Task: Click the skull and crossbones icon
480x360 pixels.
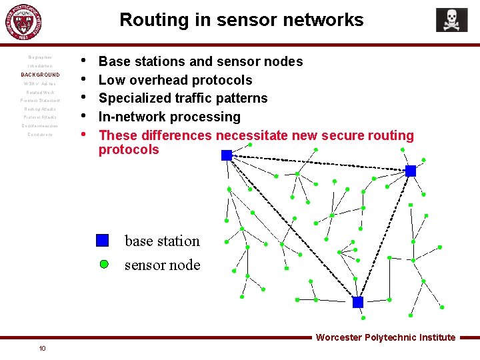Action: [x=451, y=20]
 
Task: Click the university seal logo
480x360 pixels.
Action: [x=27, y=23]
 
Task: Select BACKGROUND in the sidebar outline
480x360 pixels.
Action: [x=40, y=75]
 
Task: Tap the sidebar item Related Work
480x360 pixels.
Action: [x=40, y=92]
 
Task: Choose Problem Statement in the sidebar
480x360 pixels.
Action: [x=40, y=101]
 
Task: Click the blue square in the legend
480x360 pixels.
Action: [x=102, y=241]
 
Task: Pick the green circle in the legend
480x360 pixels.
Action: [x=104, y=264]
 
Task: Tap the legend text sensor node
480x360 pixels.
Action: [x=162, y=265]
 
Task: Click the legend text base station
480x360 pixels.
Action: [x=162, y=241]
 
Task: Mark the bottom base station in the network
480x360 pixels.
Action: [x=358, y=302]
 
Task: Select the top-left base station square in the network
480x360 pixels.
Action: [x=227, y=155]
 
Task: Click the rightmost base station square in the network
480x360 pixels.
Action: [x=411, y=171]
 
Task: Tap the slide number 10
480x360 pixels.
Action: [x=42, y=348]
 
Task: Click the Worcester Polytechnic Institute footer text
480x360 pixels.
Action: [x=385, y=337]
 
